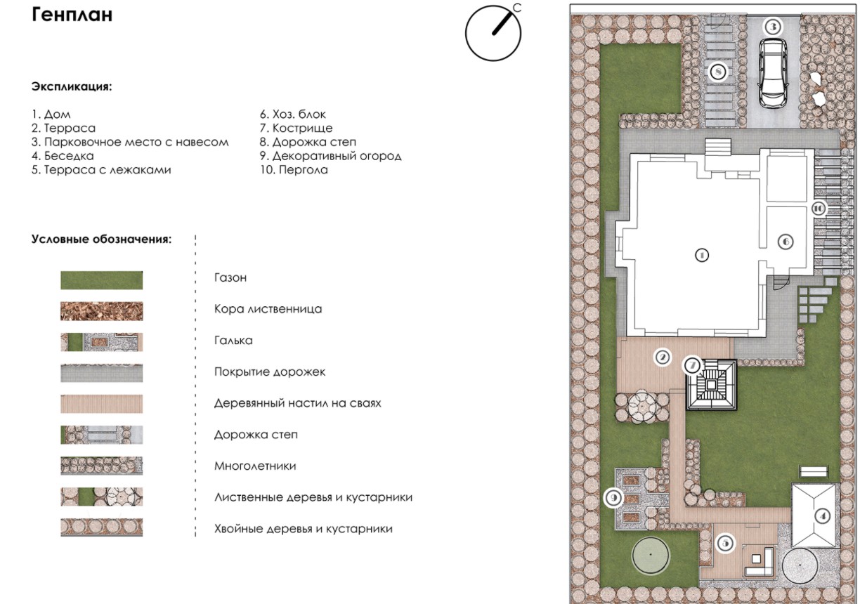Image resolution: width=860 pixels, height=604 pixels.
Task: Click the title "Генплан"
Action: coord(72,15)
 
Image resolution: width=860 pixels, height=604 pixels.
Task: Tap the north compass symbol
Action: coord(493,32)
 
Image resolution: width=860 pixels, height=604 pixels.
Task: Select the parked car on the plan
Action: coord(772,73)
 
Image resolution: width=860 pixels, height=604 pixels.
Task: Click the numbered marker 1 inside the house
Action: coord(702,255)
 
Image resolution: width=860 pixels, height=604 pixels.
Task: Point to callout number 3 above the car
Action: coord(773,27)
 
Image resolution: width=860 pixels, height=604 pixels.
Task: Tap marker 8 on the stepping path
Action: coord(718,72)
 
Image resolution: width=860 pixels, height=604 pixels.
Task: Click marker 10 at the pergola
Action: coord(818,209)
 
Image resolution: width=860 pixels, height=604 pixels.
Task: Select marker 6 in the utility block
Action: coord(786,242)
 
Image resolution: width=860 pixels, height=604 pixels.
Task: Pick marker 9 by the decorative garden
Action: coord(613,498)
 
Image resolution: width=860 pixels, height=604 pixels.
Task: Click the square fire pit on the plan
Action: coord(712,385)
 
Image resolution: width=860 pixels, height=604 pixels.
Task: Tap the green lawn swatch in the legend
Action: coord(102,280)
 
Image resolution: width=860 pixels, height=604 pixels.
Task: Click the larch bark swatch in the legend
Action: coord(102,311)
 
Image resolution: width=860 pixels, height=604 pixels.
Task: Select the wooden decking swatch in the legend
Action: coord(102,404)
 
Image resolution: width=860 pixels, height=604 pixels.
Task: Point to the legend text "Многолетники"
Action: coord(255,466)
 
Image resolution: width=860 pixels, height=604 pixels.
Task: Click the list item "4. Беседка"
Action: coord(63,156)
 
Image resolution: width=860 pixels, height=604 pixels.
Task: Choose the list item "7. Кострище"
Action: coord(296,128)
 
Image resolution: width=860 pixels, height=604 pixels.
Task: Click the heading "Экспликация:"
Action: coord(72,86)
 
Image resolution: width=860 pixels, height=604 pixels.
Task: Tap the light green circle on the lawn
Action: coord(651,555)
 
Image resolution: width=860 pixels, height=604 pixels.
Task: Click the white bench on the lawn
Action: coord(814,471)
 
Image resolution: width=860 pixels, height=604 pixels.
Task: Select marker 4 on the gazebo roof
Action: coord(822,516)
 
